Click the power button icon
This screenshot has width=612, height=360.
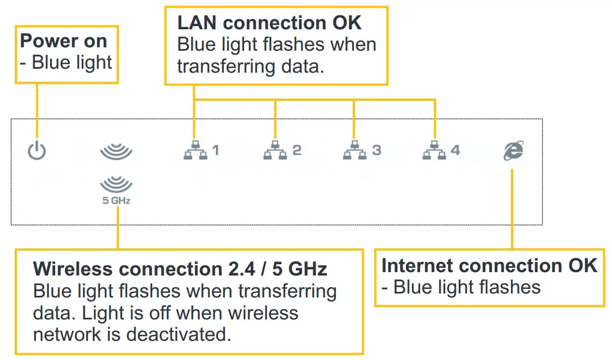pos(37,150)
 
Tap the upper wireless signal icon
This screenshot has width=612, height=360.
pos(116,152)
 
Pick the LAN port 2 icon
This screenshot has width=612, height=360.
pos(274,151)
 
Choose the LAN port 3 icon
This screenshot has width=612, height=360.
pos(354,151)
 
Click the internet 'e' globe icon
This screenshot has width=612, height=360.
pos(513,150)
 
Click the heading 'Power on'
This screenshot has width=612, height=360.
pos(63,41)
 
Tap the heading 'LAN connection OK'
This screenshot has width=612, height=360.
pos(269,23)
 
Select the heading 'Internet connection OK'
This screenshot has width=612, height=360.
pos(489,266)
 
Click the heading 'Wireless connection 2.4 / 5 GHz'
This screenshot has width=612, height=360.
pos(180,269)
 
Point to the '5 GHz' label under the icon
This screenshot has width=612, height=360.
pos(116,200)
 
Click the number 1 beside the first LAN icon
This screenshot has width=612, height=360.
pos(215,150)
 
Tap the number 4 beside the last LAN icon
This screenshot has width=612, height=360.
pos(455,150)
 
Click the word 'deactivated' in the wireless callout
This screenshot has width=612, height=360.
pos(179,334)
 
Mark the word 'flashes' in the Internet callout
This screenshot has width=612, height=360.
pos(505,287)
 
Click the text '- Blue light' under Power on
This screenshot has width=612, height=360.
pos(66,62)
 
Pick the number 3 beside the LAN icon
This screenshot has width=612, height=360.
pos(376,150)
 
